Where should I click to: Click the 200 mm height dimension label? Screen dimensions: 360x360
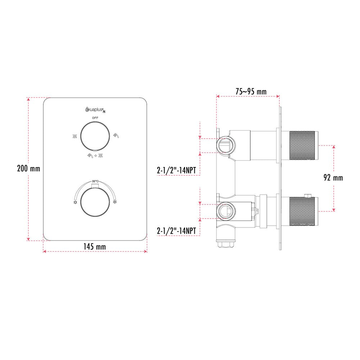[28, 168]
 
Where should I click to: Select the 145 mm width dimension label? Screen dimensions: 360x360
[95, 247]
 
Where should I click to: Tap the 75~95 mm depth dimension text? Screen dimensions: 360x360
[251, 92]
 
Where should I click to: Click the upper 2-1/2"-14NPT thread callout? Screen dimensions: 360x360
[178, 170]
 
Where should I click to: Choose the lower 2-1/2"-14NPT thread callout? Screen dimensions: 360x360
[178, 230]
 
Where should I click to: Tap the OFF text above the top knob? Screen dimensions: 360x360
[95, 118]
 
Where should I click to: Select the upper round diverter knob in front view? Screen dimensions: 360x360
[95, 136]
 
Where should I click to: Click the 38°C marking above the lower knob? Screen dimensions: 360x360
[95, 181]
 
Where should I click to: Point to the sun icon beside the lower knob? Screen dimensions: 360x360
[75, 202]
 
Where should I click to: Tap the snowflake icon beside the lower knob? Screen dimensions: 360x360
[115, 202]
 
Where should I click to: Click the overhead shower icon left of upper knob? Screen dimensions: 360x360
[75, 136]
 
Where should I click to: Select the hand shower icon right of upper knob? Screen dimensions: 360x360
[116, 135]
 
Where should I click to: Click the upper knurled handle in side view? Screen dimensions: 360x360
[303, 145]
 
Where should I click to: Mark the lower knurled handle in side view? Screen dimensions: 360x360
[303, 212]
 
